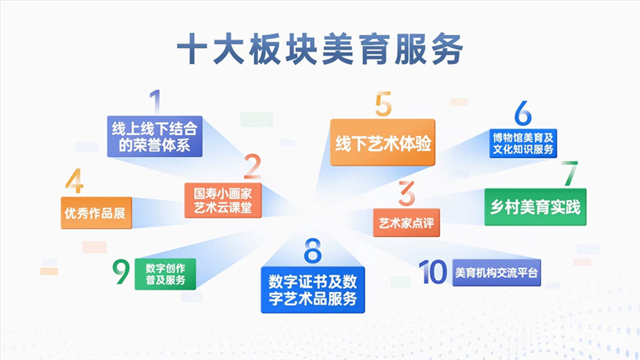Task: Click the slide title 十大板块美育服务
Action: click(320, 50)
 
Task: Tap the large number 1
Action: click(155, 101)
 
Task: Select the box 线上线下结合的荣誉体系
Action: click(155, 137)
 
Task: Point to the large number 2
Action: click(252, 166)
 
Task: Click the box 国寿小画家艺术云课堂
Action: click(223, 200)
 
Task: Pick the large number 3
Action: click(407, 194)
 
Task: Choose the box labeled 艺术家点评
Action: click(407, 223)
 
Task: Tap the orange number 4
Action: click(74, 181)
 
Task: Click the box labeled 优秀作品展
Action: click(96, 213)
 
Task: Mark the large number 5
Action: click(383, 104)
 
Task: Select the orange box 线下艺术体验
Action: click(382, 143)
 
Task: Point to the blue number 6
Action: click(523, 113)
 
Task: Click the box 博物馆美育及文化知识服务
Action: click(523, 143)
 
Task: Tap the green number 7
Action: click(570, 173)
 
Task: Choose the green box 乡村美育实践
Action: click(535, 207)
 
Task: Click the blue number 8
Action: click(313, 251)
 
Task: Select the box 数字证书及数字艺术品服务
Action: click(313, 290)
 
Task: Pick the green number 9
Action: click(121, 272)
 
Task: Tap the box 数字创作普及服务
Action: click(166, 274)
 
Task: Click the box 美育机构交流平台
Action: click(497, 272)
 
